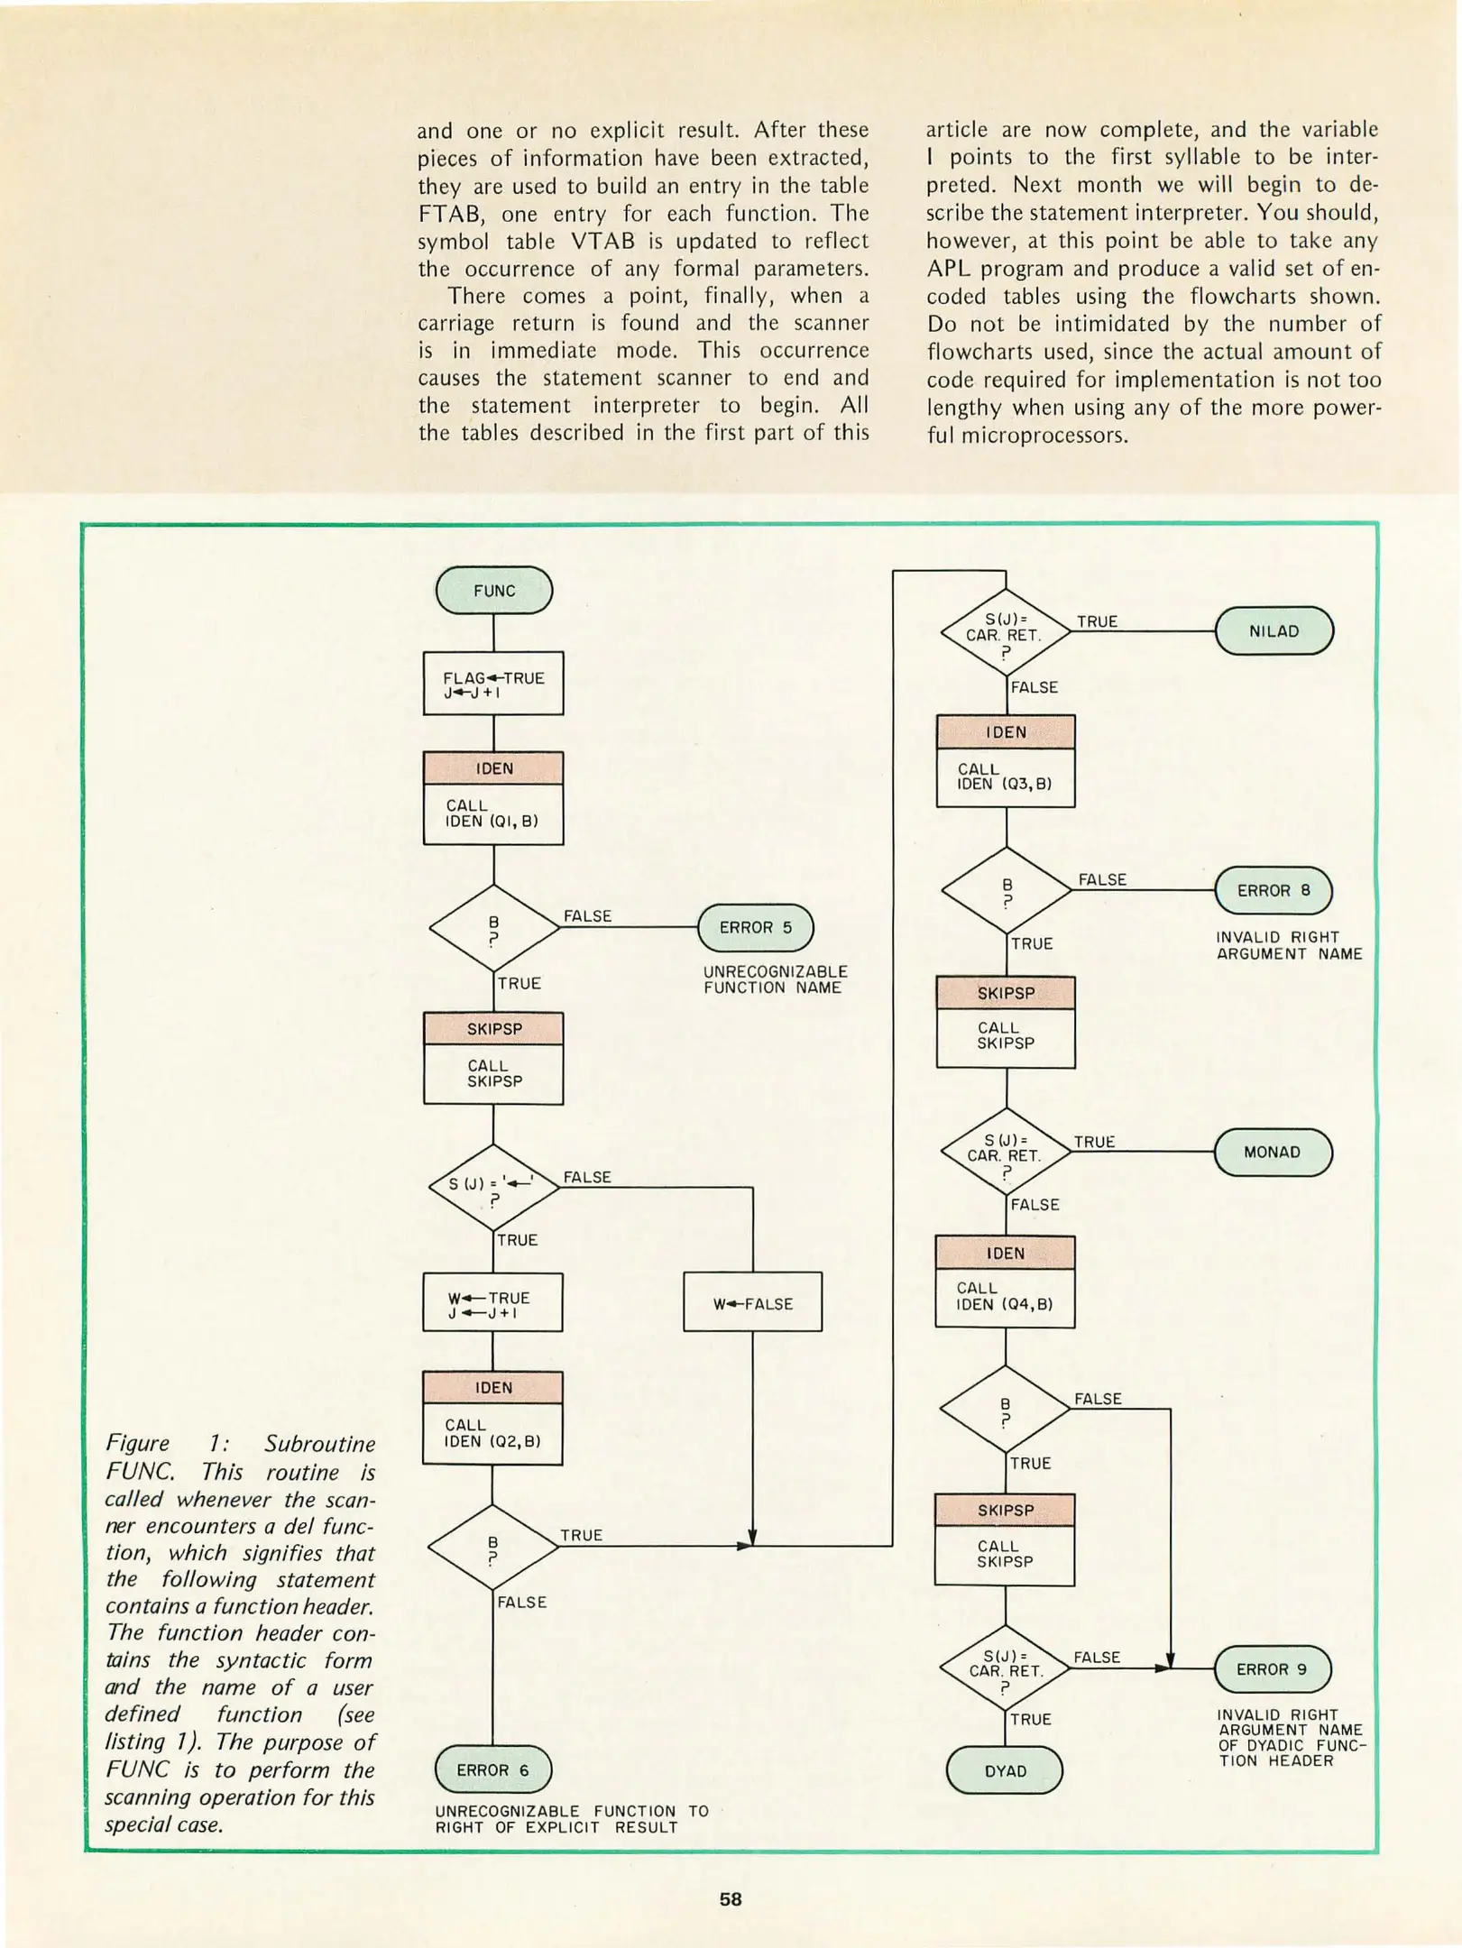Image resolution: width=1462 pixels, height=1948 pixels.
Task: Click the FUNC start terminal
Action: pyautogui.click(x=493, y=591)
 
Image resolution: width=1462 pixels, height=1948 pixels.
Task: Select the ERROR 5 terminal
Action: pyautogui.click(x=755, y=927)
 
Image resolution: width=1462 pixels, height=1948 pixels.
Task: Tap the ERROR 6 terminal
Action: pyautogui.click(x=492, y=1769)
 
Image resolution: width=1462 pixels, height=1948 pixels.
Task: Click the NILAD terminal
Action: pyautogui.click(x=1274, y=631)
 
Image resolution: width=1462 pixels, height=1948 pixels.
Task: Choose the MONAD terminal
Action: pyautogui.click(x=1272, y=1153)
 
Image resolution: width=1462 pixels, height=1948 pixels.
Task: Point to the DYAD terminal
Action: pyautogui.click(x=1005, y=1770)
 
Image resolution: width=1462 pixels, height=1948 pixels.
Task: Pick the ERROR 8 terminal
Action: pyautogui.click(x=1273, y=890)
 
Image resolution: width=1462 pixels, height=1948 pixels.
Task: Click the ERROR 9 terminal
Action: pyautogui.click(x=1272, y=1669)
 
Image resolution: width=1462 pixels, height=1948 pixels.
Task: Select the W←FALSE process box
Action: pyautogui.click(x=752, y=1303)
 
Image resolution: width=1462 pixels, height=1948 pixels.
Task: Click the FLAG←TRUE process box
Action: pyautogui.click(x=493, y=685)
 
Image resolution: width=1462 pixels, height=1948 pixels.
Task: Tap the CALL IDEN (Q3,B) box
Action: pyautogui.click(x=1005, y=777)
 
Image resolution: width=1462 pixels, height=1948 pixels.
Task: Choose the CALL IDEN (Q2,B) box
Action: pyautogui.click(x=492, y=1433)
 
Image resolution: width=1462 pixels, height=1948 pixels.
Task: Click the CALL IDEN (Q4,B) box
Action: pyautogui.click(x=1005, y=1296)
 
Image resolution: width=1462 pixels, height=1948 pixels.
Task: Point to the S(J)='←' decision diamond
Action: pyautogui.click(x=493, y=1188)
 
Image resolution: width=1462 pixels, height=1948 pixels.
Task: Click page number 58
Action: pyautogui.click(x=730, y=1899)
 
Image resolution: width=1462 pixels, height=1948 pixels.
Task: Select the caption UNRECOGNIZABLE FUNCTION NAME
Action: pyautogui.click(x=775, y=979)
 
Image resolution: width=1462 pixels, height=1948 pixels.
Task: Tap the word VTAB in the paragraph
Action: pyautogui.click(x=602, y=242)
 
